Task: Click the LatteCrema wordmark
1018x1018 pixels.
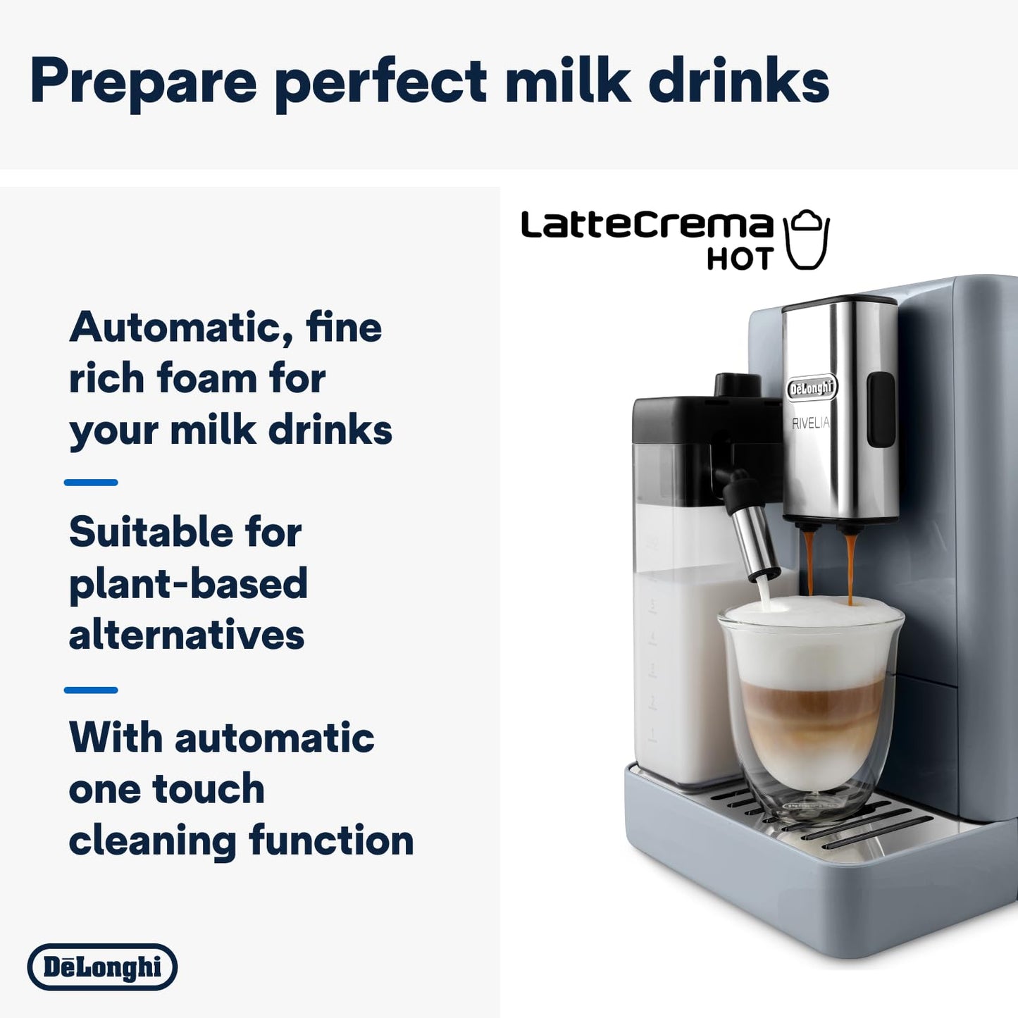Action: click(647, 225)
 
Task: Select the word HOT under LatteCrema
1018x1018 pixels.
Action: click(740, 259)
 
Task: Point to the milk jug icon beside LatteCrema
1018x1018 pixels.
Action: click(807, 240)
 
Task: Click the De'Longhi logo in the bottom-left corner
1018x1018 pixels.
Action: click(102, 967)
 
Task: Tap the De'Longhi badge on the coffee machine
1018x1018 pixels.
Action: click(812, 388)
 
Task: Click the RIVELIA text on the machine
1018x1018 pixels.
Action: click(810, 423)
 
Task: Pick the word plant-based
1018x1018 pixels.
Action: click(188, 583)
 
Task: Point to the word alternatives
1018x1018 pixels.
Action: click(187, 635)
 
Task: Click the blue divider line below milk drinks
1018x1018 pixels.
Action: click(91, 483)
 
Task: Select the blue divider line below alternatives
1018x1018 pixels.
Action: click(91, 690)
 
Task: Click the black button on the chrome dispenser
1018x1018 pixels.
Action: click(881, 409)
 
